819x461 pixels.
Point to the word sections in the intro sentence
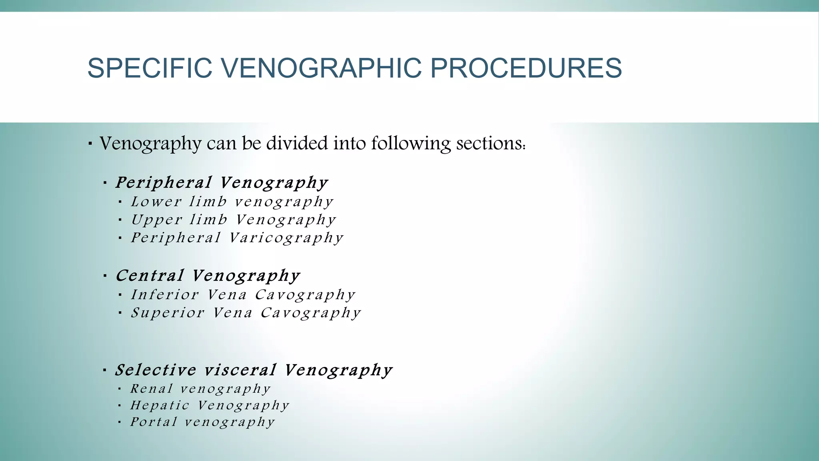490,143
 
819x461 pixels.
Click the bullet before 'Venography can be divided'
90,143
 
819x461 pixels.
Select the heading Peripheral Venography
222,182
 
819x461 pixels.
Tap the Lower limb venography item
232,201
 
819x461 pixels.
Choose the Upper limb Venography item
234,219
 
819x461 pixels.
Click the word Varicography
286,238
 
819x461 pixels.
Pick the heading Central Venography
208,275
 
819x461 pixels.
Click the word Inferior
165,295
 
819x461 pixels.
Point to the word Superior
168,313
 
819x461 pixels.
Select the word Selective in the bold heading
156,370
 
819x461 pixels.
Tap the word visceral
240,370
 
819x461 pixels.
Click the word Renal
152,389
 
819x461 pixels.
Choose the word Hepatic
160,405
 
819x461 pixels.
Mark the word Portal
154,422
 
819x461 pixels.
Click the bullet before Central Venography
105,276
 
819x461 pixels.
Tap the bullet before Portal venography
120,422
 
